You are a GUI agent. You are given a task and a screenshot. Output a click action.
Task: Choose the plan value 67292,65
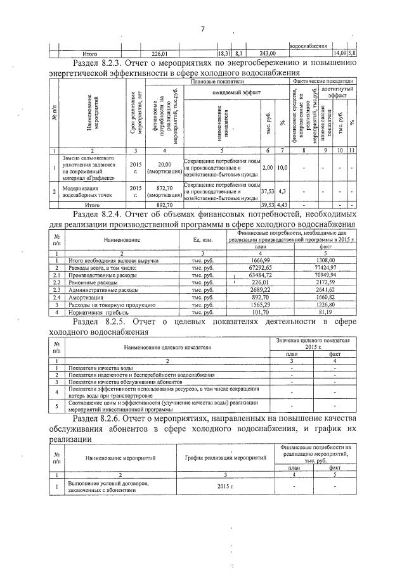(x=261, y=268)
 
